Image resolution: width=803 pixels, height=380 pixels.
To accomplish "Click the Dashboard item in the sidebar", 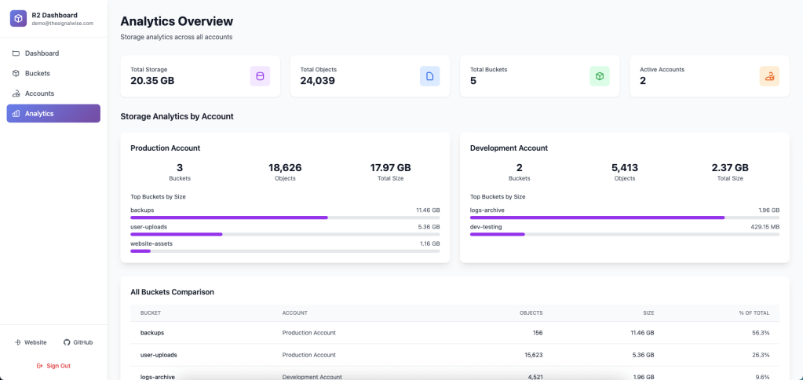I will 41,53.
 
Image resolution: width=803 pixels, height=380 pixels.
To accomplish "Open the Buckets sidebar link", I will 37,73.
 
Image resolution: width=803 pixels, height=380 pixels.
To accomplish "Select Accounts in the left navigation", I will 39,93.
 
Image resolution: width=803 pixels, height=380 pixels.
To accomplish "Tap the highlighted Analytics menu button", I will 53,114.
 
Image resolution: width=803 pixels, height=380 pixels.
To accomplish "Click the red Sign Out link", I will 53,366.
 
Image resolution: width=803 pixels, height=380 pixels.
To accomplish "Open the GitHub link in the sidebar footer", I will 78,342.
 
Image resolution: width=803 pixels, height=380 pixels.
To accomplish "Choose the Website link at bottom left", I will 31,342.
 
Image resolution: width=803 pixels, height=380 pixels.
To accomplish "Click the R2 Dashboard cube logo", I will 18,19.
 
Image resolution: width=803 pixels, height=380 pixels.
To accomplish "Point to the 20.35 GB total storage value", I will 152,81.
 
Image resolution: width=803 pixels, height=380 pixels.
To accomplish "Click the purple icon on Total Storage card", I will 260,76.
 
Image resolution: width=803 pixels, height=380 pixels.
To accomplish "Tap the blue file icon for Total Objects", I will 429,76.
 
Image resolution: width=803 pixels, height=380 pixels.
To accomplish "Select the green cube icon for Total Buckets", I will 599,76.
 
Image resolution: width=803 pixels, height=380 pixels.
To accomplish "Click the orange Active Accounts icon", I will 769,76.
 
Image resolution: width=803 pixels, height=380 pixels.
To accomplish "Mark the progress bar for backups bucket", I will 285,217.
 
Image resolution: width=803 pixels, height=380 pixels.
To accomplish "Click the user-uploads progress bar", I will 285,234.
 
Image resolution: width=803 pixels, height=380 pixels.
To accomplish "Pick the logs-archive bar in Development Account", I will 624,217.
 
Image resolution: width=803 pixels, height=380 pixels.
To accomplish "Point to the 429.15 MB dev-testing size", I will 765,227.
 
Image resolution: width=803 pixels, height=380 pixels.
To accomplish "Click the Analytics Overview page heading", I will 177,21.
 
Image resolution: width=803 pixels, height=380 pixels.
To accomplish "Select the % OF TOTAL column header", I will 754,313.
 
